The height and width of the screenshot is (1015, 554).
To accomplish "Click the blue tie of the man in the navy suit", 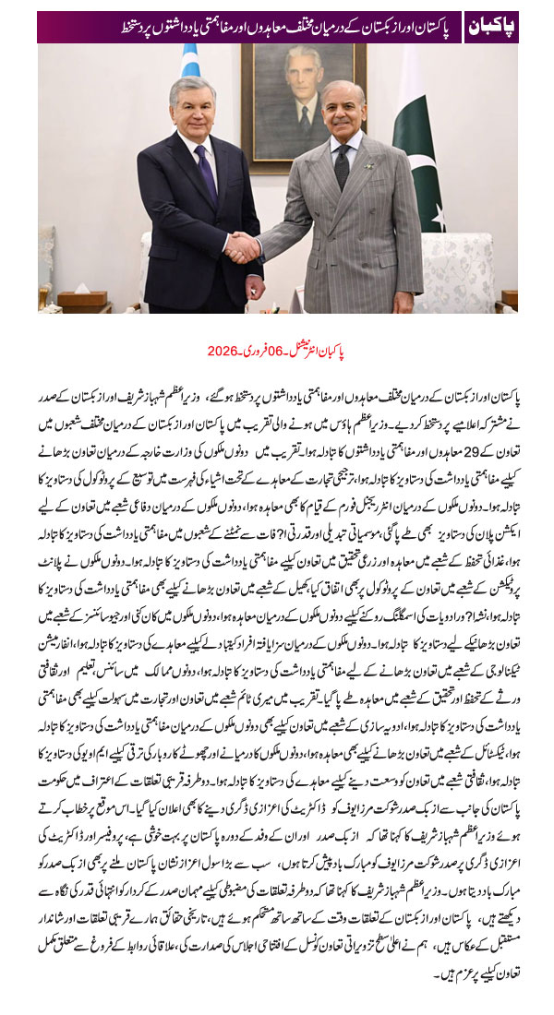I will click(205, 175).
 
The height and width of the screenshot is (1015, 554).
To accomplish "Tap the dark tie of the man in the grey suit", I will click(343, 165).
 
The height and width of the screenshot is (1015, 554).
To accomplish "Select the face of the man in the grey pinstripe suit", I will click(341, 113).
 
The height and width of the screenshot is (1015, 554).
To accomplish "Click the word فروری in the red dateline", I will click(254, 351).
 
